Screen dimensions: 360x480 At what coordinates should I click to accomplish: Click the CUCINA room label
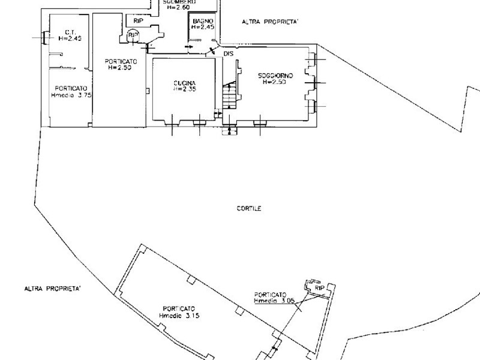(185, 82)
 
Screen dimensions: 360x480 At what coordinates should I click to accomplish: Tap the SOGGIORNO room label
(275, 76)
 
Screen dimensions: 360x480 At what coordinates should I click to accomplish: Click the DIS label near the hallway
(228, 54)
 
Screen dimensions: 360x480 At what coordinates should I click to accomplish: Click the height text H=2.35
(185, 89)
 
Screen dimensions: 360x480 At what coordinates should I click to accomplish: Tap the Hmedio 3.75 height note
(71, 94)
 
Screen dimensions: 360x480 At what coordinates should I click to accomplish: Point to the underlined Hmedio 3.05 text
(274, 301)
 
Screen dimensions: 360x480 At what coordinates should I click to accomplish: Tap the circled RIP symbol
(133, 36)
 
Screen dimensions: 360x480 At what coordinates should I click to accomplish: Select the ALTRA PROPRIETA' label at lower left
(53, 289)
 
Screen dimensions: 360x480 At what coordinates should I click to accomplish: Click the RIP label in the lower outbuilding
(319, 289)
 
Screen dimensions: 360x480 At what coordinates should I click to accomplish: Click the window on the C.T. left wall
(44, 38)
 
